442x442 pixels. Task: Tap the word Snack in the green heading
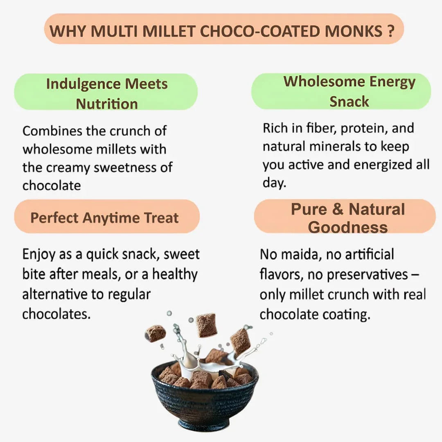pos(349,101)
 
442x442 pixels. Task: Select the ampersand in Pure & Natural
pos(338,210)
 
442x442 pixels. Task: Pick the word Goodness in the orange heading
pos(347,227)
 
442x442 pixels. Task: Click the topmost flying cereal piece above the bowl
pos(206,325)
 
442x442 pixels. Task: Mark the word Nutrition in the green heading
pos(106,104)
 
